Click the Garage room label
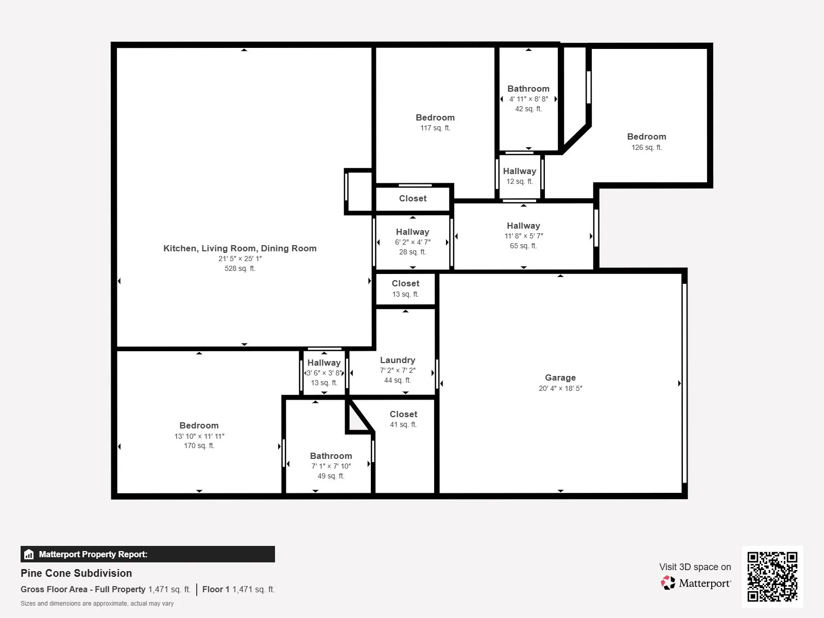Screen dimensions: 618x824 pyautogui.click(x=560, y=377)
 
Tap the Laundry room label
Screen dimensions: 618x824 pyautogui.click(x=397, y=360)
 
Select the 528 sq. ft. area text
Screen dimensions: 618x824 pyautogui.click(x=239, y=268)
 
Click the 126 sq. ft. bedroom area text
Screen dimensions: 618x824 pyautogui.click(x=646, y=147)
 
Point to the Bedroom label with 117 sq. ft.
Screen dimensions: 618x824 pyautogui.click(x=435, y=117)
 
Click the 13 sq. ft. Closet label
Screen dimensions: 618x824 pyautogui.click(x=405, y=283)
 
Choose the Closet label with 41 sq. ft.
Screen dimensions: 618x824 pyautogui.click(x=403, y=414)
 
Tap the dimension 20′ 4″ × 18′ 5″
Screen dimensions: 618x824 pyautogui.click(x=560, y=388)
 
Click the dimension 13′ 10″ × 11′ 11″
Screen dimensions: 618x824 pyautogui.click(x=199, y=436)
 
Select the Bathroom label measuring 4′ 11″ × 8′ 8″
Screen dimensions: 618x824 pyautogui.click(x=528, y=89)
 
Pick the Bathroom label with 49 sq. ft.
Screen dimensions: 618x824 pyautogui.click(x=331, y=456)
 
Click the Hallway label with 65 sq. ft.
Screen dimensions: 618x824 pyautogui.click(x=523, y=226)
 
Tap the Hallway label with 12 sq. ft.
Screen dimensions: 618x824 pyautogui.click(x=519, y=171)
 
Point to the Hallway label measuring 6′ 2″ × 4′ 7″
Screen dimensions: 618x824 pyautogui.click(x=412, y=232)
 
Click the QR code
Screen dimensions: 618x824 pyautogui.click(x=772, y=576)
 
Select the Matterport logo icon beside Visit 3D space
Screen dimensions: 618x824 pyautogui.click(x=668, y=583)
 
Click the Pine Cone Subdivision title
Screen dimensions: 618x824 pyautogui.click(x=76, y=573)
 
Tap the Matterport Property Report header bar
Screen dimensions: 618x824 pyautogui.click(x=147, y=554)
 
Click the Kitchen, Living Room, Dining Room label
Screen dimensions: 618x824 pyautogui.click(x=239, y=248)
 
